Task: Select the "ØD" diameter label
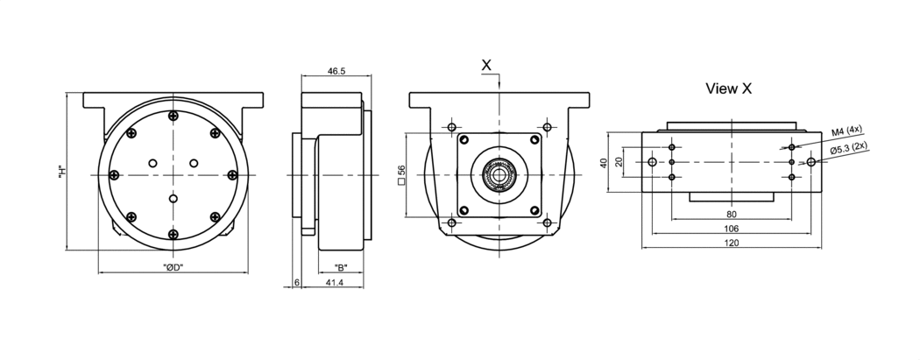pos(173,266)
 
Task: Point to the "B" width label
pos(341,266)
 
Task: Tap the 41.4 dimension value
pos(334,283)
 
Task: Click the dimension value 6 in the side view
pos(297,283)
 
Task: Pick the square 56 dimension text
pos(400,175)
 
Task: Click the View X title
pos(728,88)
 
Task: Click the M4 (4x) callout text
pos(847,131)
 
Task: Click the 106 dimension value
pos(732,228)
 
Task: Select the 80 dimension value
pos(732,214)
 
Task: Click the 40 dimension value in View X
pos(603,162)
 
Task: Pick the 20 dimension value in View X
pos(619,162)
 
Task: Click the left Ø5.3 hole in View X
pos(651,162)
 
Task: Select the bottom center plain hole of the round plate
pos(173,200)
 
